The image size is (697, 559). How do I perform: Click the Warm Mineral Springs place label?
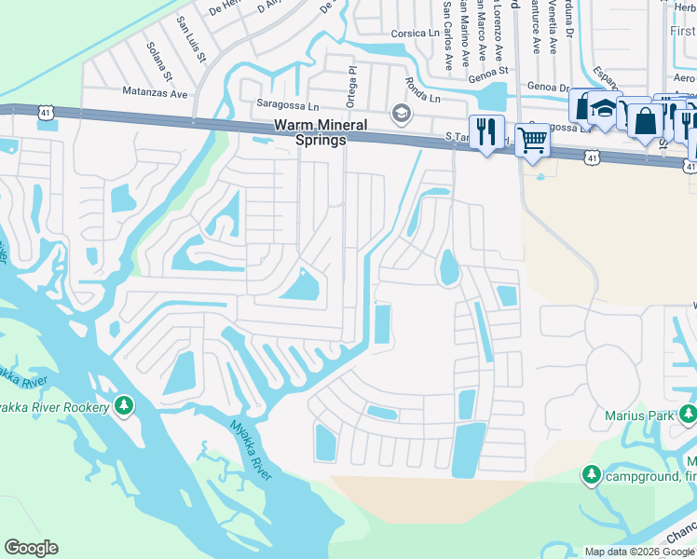(x=308, y=131)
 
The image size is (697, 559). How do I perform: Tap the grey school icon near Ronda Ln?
(x=402, y=115)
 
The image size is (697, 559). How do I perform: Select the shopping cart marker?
(x=532, y=141)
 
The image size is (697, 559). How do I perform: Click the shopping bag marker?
(x=645, y=121)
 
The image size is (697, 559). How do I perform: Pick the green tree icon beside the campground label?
(x=591, y=475)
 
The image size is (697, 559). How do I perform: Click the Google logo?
(x=31, y=548)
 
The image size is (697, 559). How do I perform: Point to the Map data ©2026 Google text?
(x=639, y=552)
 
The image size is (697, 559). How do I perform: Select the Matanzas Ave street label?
(x=156, y=92)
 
